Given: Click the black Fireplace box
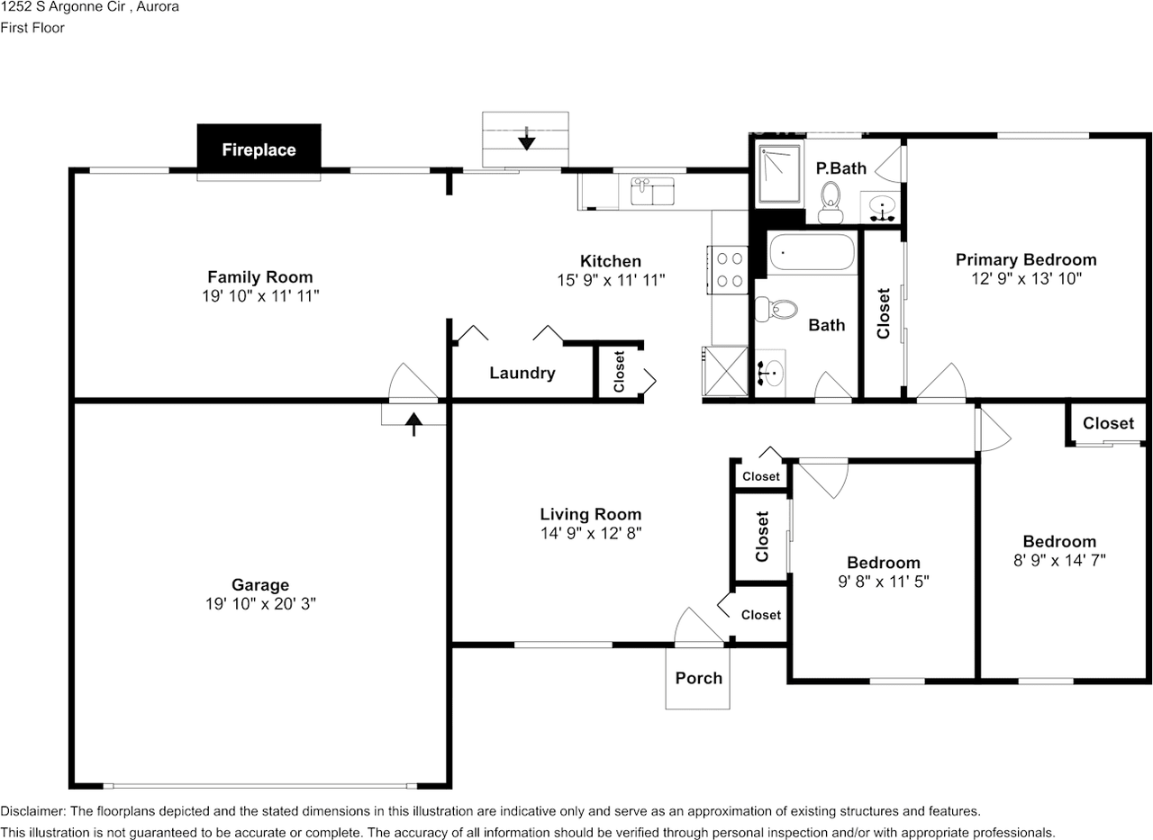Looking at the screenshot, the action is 259,149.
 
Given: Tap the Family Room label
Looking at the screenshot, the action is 260,277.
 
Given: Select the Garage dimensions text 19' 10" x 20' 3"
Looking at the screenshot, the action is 260,603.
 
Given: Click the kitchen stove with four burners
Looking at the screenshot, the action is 727,270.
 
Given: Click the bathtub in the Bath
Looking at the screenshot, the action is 813,252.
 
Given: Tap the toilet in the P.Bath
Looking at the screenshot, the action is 831,203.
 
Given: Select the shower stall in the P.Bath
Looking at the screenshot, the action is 779,174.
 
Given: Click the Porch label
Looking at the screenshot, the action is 698,678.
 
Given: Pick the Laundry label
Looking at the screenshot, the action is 522,373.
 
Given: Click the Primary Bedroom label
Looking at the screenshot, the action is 1026,260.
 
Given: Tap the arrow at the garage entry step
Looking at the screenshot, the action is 413,424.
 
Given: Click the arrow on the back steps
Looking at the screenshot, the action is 527,139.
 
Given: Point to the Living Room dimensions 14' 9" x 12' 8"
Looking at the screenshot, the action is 591,533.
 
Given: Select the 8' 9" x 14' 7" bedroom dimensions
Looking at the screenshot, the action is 1059,560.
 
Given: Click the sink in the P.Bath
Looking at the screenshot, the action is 882,208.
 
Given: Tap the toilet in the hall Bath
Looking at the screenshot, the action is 776,309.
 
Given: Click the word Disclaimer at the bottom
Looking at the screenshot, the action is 33,811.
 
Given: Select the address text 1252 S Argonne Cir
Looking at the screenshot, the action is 63,7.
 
